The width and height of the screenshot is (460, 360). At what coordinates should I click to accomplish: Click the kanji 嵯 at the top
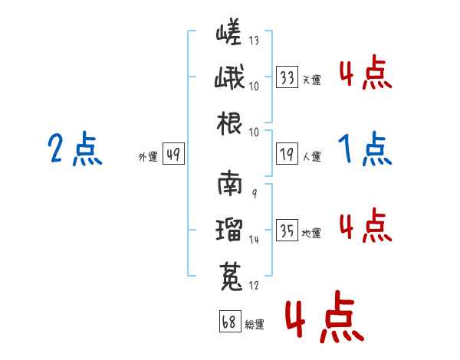tap(228, 31)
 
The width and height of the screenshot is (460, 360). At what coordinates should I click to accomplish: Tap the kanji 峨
tap(229, 77)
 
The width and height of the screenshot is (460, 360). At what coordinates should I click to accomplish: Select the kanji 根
tap(229, 123)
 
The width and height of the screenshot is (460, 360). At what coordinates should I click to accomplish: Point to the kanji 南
tap(230, 183)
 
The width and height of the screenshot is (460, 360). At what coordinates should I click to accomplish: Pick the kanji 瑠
tap(229, 229)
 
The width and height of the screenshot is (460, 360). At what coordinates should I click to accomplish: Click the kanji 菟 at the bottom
tap(231, 277)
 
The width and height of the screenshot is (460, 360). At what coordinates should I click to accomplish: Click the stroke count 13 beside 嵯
tap(254, 40)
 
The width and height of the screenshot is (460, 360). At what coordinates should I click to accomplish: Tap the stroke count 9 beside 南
tap(255, 193)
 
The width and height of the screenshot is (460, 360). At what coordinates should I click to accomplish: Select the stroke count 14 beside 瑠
tap(254, 240)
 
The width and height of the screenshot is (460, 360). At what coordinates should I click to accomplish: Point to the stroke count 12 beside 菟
tap(254, 285)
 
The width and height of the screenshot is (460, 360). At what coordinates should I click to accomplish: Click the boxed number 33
tap(287, 77)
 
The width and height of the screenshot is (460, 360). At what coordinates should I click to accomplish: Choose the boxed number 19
tap(287, 154)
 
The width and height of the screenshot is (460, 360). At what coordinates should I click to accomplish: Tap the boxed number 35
tap(287, 230)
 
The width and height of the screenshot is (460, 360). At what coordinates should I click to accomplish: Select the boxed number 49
tap(173, 154)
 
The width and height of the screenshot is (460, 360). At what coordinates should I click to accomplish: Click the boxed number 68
tap(230, 321)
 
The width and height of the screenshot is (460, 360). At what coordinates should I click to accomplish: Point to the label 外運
tap(148, 157)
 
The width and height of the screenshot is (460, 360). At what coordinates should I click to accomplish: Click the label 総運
tap(255, 324)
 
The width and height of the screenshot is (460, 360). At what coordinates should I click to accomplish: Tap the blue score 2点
tap(75, 149)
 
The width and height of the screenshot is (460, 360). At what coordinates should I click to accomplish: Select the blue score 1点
tap(365, 149)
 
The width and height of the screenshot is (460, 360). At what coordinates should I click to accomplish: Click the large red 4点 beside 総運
tap(324, 316)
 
